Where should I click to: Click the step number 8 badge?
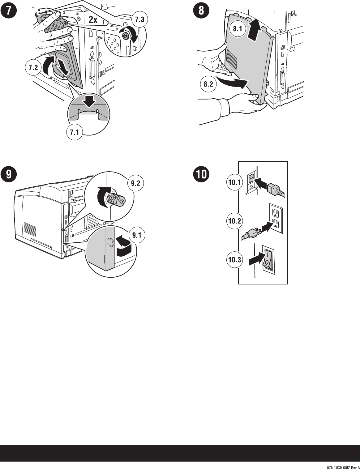pyautogui.click(x=201, y=11)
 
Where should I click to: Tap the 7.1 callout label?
pyautogui.click(x=74, y=133)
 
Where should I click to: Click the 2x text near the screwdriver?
pyautogui.click(x=93, y=20)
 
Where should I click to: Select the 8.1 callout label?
pyautogui.click(x=238, y=29)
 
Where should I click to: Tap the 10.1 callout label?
pyautogui.click(x=234, y=182)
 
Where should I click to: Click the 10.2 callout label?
pyautogui.click(x=234, y=221)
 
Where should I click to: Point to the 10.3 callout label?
pyautogui.click(x=234, y=260)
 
